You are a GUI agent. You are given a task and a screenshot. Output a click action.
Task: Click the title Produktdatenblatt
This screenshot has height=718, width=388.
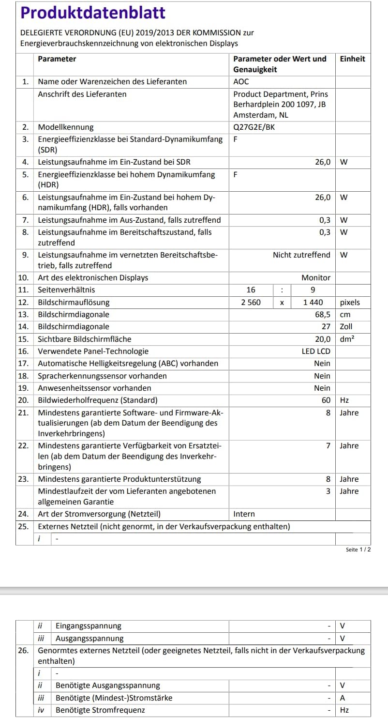pos(93,13)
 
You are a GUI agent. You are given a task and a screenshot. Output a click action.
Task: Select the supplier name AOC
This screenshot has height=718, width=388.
pos(241,82)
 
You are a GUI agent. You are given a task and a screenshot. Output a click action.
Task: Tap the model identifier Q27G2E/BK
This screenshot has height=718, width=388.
pos(255,127)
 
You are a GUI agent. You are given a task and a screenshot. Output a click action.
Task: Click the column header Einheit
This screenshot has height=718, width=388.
pos(352,59)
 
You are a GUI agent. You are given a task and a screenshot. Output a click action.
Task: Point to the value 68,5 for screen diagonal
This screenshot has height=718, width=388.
pos(323,315)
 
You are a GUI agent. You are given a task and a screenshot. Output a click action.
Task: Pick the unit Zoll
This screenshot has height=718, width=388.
pos(346,327)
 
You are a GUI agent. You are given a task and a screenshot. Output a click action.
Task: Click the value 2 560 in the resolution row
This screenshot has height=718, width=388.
pos(251,303)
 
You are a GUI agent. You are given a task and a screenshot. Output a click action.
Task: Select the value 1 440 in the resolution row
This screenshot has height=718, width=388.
pos(313,303)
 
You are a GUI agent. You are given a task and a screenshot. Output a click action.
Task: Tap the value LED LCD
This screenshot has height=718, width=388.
pos(316,351)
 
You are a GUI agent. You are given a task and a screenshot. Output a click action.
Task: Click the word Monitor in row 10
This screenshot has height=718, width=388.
pos(316,278)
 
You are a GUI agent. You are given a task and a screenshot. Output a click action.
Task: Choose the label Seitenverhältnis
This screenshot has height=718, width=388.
pos(66,290)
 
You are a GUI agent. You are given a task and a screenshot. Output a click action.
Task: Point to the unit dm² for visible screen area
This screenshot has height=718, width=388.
pos(347,339)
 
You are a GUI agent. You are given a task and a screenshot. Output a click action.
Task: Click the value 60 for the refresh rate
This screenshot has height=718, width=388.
pos(326,400)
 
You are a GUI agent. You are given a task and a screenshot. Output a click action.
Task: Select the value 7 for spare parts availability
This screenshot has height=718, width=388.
pos(328,445)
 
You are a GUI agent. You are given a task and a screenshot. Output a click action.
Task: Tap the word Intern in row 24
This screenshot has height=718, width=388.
pos(244,514)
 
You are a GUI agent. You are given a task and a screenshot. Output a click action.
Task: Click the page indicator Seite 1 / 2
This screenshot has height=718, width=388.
pos(358,550)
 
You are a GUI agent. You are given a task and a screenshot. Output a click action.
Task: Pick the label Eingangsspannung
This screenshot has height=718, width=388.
pos(89,626)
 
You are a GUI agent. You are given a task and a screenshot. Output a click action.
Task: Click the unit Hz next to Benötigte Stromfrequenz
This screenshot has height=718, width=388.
pos(344,710)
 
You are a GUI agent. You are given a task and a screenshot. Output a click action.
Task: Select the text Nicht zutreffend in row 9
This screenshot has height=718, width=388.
pos(301,255)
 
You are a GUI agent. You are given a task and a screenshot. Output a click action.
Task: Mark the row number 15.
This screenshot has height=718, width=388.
pos(23,339)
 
